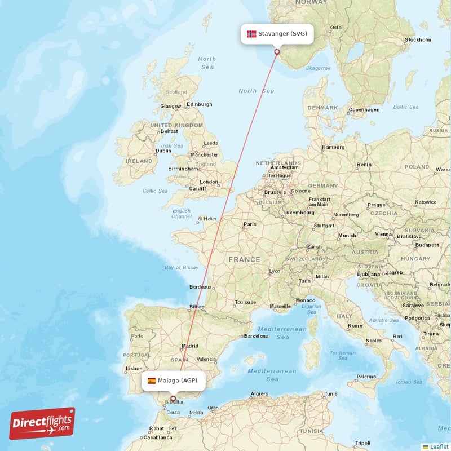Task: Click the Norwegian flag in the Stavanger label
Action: [x=251, y=34]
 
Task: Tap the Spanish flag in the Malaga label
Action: [x=152, y=381]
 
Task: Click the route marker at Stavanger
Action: [x=277, y=52]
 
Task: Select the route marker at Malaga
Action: [x=173, y=399]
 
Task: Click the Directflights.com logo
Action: [x=42, y=423]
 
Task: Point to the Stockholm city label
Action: [x=418, y=39]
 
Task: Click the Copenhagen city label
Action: [x=364, y=109]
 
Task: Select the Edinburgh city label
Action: [x=200, y=104]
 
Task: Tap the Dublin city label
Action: [x=163, y=151]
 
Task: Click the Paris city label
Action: [x=249, y=224]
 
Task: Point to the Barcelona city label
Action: [x=256, y=336]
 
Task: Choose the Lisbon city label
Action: [x=134, y=368]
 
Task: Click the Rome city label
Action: [x=355, y=325]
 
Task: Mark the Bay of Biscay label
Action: [x=182, y=267]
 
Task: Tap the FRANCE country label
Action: [x=244, y=259]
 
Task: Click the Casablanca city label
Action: [x=158, y=437]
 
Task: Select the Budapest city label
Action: [x=427, y=245]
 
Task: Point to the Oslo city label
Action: [x=336, y=27]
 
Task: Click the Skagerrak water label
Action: [x=318, y=68]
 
